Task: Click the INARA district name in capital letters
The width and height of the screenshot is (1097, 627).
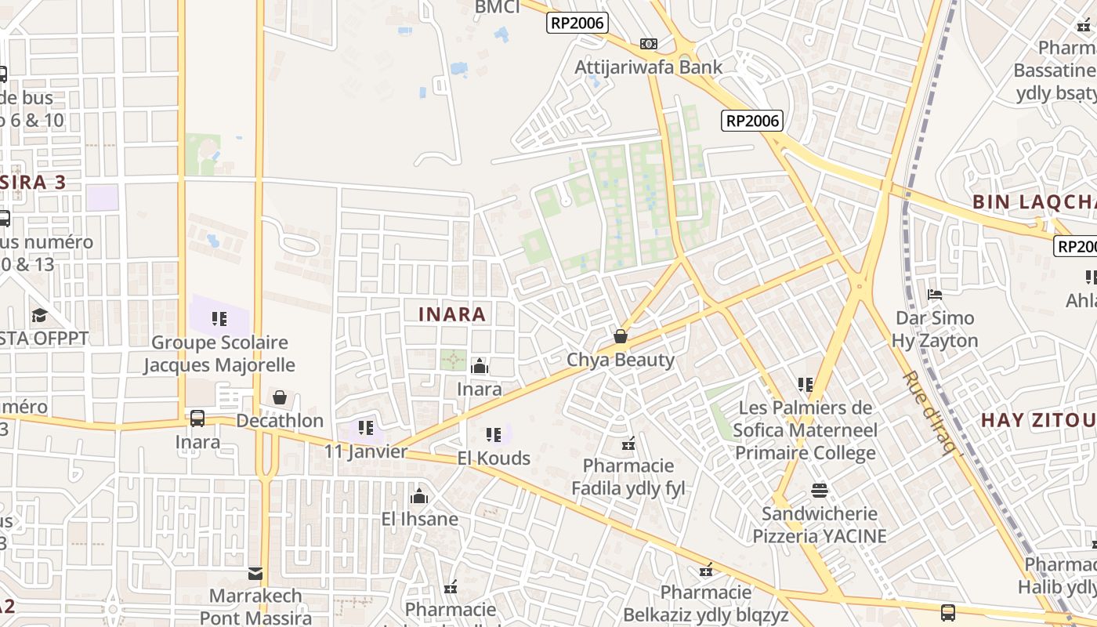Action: pos(452,315)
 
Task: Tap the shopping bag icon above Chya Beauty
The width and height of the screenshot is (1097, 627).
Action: pos(621,336)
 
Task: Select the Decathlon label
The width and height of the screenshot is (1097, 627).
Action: pos(280,421)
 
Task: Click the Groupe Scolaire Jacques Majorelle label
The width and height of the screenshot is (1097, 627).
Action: pos(219,354)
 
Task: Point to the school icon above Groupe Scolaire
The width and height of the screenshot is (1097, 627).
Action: pos(219,319)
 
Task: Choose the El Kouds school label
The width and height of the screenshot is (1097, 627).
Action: pos(494,458)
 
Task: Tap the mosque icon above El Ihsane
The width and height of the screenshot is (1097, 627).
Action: pos(419,497)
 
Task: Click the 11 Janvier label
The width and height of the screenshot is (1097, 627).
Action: pos(366,451)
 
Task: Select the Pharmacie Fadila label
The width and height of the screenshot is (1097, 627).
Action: pos(628,477)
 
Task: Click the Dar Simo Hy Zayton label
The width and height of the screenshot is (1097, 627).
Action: pos(935,329)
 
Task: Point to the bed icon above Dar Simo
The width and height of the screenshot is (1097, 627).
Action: pos(935,295)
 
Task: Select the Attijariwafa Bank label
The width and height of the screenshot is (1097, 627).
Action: pos(649,67)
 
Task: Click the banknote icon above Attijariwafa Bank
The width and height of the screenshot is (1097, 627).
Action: pos(649,44)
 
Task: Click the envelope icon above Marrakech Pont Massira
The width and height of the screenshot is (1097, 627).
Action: pos(255,574)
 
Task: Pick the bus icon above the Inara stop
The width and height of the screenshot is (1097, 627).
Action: pos(197,419)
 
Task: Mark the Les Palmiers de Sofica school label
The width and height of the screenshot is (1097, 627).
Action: pos(806,430)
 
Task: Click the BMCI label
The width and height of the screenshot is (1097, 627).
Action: pos(498,8)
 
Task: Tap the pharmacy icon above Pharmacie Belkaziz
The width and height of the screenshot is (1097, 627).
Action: pos(706,570)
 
